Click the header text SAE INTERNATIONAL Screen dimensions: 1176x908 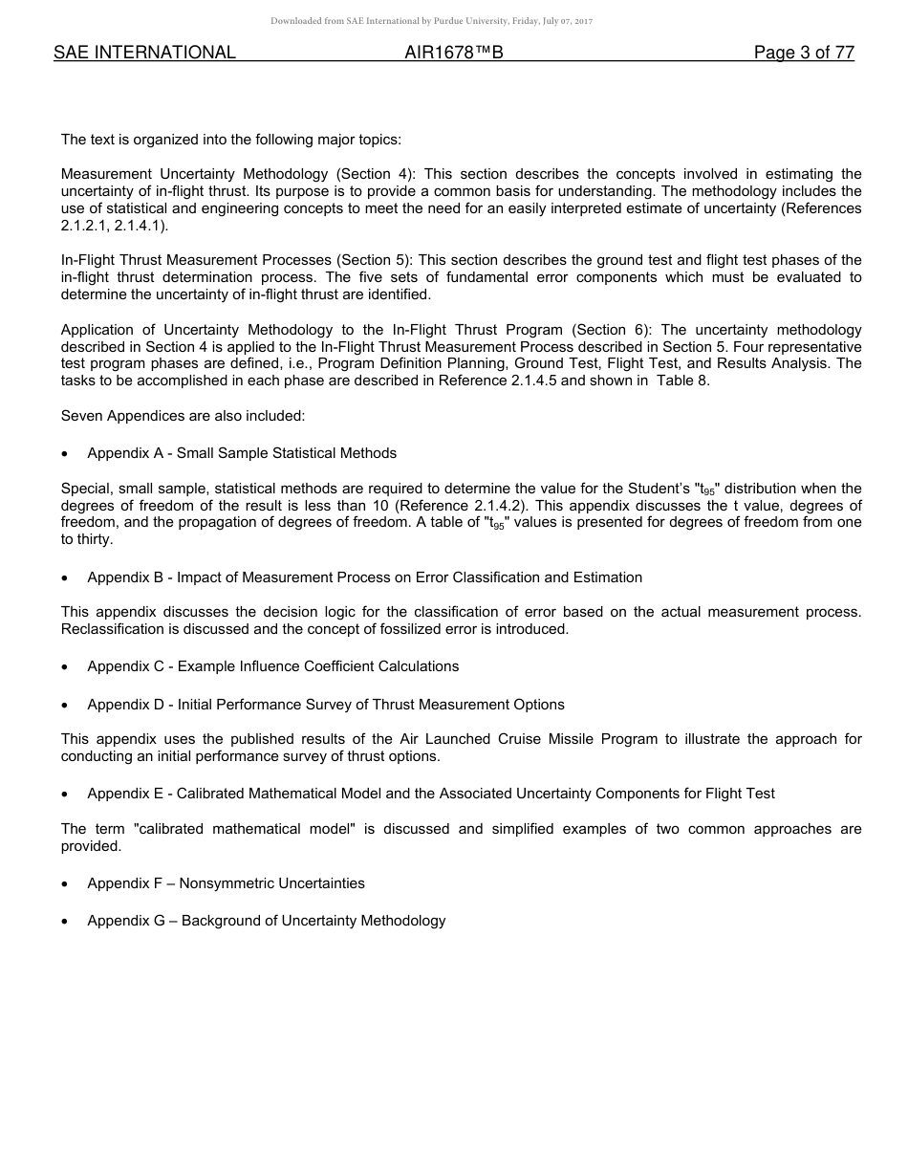point(144,54)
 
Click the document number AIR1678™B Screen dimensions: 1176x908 point(454,54)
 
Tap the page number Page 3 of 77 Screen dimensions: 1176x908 point(804,54)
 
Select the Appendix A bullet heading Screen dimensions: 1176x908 point(242,453)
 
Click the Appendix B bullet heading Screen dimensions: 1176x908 point(364,577)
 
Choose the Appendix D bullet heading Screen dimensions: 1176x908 point(326,705)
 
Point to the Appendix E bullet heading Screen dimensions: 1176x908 point(431,794)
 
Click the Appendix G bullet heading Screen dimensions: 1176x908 point(266,921)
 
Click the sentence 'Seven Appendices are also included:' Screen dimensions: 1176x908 point(183,416)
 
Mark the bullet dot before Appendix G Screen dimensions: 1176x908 point(65,922)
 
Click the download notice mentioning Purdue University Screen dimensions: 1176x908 point(431,21)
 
